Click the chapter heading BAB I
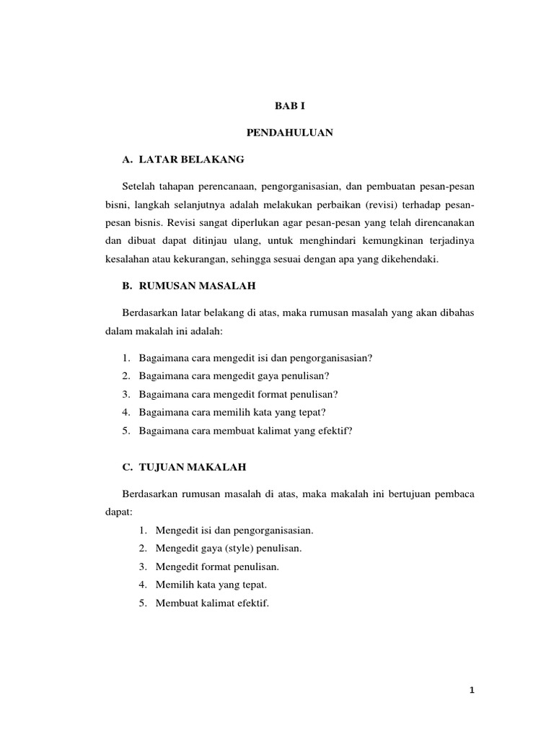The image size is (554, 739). pyautogui.click(x=290, y=105)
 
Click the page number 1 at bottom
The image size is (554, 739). pyautogui.click(x=472, y=691)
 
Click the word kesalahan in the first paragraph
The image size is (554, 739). pyautogui.click(x=120, y=260)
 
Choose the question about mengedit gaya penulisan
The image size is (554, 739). pyautogui.click(x=234, y=376)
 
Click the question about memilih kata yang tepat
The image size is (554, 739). pyautogui.click(x=232, y=412)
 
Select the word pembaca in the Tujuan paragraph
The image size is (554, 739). pyautogui.click(x=452, y=494)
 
